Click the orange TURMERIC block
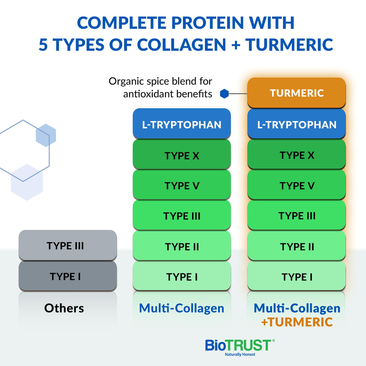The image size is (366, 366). [x=296, y=93]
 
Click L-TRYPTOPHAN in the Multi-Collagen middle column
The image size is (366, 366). [x=182, y=124]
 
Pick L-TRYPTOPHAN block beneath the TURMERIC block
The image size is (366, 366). [x=296, y=124]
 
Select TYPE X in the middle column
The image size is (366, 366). [x=182, y=155]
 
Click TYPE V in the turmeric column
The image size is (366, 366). [x=296, y=186]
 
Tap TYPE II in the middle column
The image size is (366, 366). [x=182, y=246]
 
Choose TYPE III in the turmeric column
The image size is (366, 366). [x=296, y=216]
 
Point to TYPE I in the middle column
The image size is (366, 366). [x=182, y=277]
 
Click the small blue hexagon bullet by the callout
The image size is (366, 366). [x=224, y=94]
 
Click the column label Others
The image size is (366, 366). [x=64, y=308]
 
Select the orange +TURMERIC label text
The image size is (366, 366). [x=297, y=322]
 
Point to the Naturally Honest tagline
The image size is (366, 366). [x=239, y=355]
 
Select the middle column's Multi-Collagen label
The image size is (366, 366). [x=182, y=308]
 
